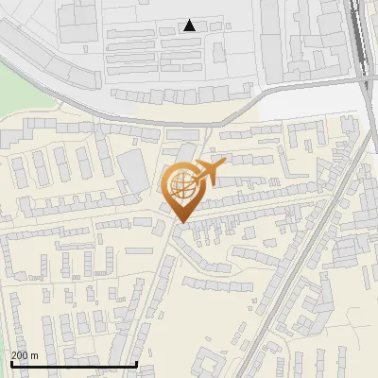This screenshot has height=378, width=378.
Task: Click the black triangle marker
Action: pos(190,26)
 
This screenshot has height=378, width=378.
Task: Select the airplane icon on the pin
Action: pos(206,173)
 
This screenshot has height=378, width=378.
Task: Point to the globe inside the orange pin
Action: pos(182,185)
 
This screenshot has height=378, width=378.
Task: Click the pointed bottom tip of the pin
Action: pos(181,223)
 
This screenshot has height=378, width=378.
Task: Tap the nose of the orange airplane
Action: pos(222,164)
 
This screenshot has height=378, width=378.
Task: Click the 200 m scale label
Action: pos(25,355)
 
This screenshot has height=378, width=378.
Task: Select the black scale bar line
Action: pos(74,364)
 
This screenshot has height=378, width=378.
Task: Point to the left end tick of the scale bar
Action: pos(11,362)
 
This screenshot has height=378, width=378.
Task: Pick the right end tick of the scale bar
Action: pos(137,362)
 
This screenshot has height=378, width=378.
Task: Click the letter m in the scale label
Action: pos(34,355)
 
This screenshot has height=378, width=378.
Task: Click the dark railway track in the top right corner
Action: pos(359,28)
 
